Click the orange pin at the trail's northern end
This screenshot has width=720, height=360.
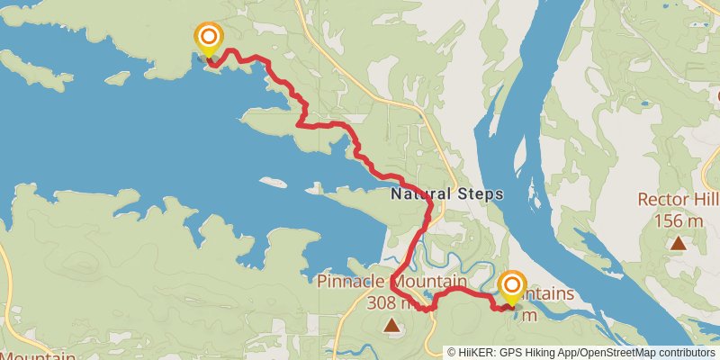point(209,38)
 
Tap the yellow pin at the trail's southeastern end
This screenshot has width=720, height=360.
point(512,288)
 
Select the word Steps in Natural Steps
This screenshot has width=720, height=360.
point(479,193)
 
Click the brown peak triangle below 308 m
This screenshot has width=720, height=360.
point(391,324)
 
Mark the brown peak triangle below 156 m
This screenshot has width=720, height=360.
point(677,242)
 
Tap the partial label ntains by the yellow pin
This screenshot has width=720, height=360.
point(547,294)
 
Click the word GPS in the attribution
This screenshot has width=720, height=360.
point(510,352)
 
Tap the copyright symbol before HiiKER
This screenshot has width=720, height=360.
point(453,352)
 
